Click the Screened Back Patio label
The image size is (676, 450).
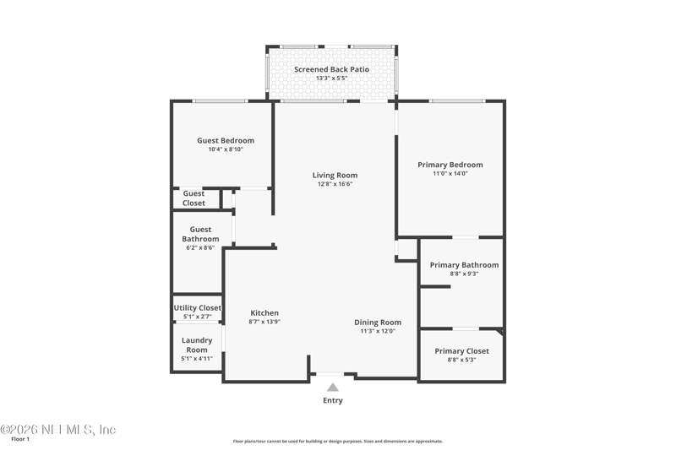[x=331, y=69]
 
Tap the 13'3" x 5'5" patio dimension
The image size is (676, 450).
[x=331, y=78]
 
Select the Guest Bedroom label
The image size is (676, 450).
[x=226, y=140]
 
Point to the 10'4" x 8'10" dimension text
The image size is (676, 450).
[x=226, y=149]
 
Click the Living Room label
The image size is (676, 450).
[x=335, y=176]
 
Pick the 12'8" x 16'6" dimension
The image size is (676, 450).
[x=335, y=184]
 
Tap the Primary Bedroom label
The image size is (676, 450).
[x=450, y=165]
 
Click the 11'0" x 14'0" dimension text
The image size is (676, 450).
[x=450, y=174]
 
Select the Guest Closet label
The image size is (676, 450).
[x=194, y=198]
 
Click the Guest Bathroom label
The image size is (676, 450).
[x=200, y=234]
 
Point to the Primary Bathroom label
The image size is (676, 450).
[x=464, y=265]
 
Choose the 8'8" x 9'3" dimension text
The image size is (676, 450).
[x=464, y=274]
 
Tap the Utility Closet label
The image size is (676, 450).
[x=198, y=308]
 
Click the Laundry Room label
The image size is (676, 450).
[x=197, y=345]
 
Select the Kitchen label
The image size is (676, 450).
[x=264, y=313]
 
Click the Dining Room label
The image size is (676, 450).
[x=378, y=323]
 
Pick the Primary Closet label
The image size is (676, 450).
[x=461, y=351]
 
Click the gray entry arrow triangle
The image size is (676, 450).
[x=333, y=388]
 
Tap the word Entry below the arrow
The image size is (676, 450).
[x=333, y=400]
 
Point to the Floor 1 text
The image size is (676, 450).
[x=20, y=439]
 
